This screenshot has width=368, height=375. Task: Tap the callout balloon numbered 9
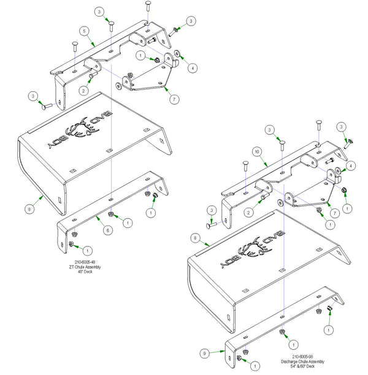pyautogui.click(x=204, y=353)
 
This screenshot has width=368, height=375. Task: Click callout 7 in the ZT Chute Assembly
pyautogui.click(x=174, y=98)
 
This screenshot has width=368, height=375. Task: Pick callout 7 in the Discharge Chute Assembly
pyautogui.click(x=335, y=213)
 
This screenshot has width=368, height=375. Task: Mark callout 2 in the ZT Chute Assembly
pyautogui.click(x=82, y=90)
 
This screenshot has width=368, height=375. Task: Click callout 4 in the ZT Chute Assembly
pyautogui.click(x=193, y=68)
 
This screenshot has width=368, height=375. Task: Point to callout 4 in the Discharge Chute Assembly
pyautogui.click(x=351, y=165)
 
